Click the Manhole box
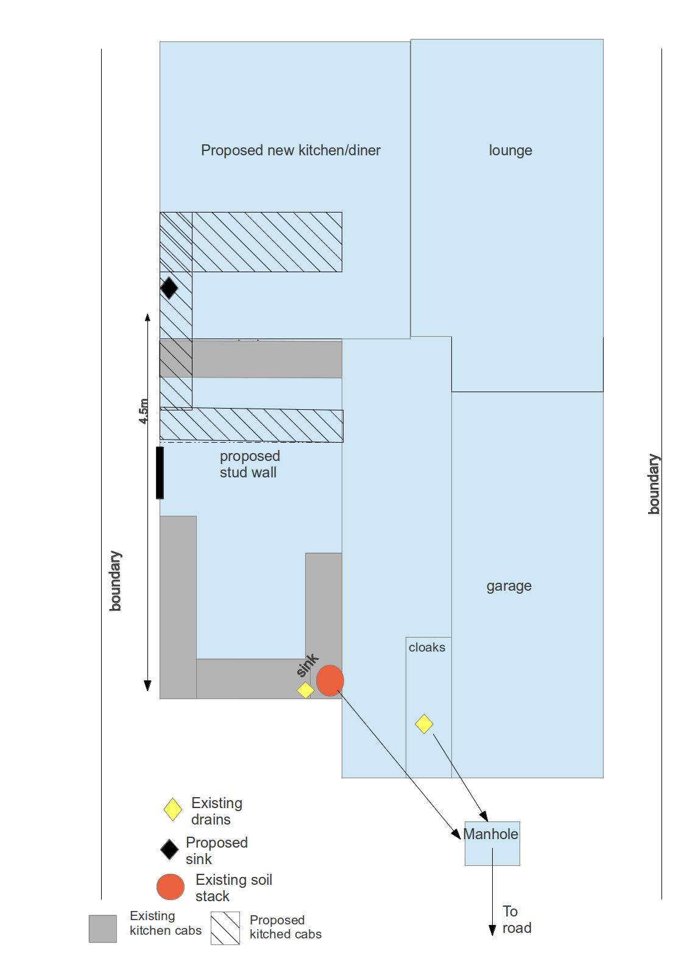tap(492, 843)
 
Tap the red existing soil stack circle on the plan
tap(330, 680)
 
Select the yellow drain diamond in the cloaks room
tap(424, 724)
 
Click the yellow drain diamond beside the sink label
tap(305, 690)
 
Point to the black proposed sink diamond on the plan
tap(169, 287)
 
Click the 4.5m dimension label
tap(143, 411)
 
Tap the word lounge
tap(510, 150)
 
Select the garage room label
tap(509, 586)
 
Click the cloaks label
tap(426, 647)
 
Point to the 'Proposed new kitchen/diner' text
tap(291, 150)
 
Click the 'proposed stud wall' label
tap(250, 464)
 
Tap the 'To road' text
tap(517, 920)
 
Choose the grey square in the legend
tap(103, 929)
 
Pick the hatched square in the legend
tap(225, 928)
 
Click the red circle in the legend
tap(171, 887)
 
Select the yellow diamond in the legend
tap(173, 809)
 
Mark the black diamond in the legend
tap(169, 849)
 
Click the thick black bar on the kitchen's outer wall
tap(160, 473)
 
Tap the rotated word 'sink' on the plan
tap(308, 666)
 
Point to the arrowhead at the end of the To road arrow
tap(492, 930)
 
